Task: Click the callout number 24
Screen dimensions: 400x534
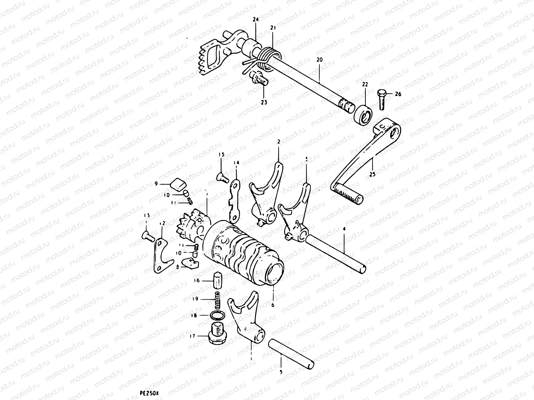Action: pos(256,20)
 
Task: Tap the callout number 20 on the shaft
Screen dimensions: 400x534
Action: pos(319,60)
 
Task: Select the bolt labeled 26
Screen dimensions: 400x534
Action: pos(382,99)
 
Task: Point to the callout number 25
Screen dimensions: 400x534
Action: pos(372,174)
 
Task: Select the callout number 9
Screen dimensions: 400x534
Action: pos(156,183)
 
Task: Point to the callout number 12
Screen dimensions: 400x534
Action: pos(162,223)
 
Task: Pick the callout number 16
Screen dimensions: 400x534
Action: pos(197,281)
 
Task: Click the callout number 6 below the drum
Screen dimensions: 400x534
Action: pos(273,305)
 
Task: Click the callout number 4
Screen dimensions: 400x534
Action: pos(344,229)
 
